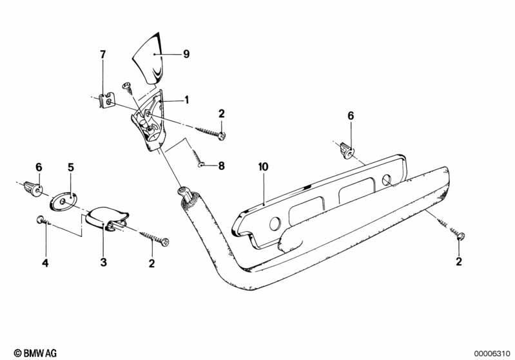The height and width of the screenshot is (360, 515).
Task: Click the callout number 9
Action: pyautogui.click(x=186, y=53)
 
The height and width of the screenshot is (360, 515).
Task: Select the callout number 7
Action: pyautogui.click(x=103, y=55)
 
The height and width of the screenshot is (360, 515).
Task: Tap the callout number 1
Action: pyautogui.click(x=186, y=99)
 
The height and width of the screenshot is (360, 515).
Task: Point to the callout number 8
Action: pyautogui.click(x=221, y=166)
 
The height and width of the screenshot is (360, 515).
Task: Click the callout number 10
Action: pyautogui.click(x=264, y=167)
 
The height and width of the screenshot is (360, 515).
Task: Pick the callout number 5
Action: pyautogui.click(x=71, y=167)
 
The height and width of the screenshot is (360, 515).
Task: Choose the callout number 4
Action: pyautogui.click(x=45, y=263)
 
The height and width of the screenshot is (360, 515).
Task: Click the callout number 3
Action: pyautogui.click(x=104, y=262)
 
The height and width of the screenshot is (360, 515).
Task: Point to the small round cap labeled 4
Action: pyautogui.click(x=41, y=220)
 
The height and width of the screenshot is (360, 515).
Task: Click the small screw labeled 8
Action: pyautogui.click(x=197, y=159)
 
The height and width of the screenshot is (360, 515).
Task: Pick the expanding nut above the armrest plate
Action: pyautogui.click(x=347, y=150)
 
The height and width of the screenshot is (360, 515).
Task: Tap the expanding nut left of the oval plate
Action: pyautogui.click(x=33, y=188)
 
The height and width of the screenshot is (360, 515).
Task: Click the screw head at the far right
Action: pyautogui.click(x=460, y=236)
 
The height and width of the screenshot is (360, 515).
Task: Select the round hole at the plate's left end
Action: pyautogui.click(x=275, y=224)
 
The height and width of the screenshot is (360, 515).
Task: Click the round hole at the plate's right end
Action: pyautogui.click(x=387, y=180)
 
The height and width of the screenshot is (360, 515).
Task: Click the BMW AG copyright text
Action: pyautogui.click(x=35, y=353)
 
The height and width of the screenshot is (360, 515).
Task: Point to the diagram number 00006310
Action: pyautogui.click(x=492, y=354)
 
